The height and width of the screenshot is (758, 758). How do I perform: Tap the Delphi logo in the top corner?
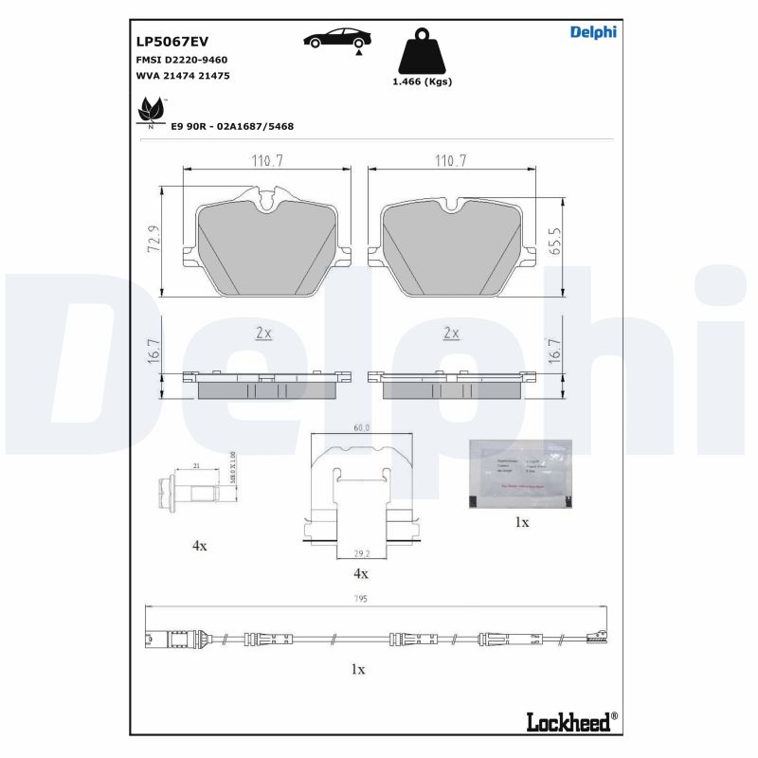coord(593,32)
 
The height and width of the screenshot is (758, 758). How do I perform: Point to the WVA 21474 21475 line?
coord(184,75)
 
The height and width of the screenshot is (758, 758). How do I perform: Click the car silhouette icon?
coord(337,39)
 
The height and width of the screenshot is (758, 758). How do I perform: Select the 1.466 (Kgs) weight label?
coord(422,82)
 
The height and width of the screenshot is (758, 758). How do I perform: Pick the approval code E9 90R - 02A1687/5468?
coord(232,125)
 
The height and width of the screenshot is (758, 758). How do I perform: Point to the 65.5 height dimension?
coord(556,238)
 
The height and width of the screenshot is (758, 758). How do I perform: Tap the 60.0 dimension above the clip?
coord(361,428)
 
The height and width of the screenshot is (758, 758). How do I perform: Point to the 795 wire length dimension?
coord(360,599)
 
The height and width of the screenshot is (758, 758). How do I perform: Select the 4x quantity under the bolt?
coord(199,547)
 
